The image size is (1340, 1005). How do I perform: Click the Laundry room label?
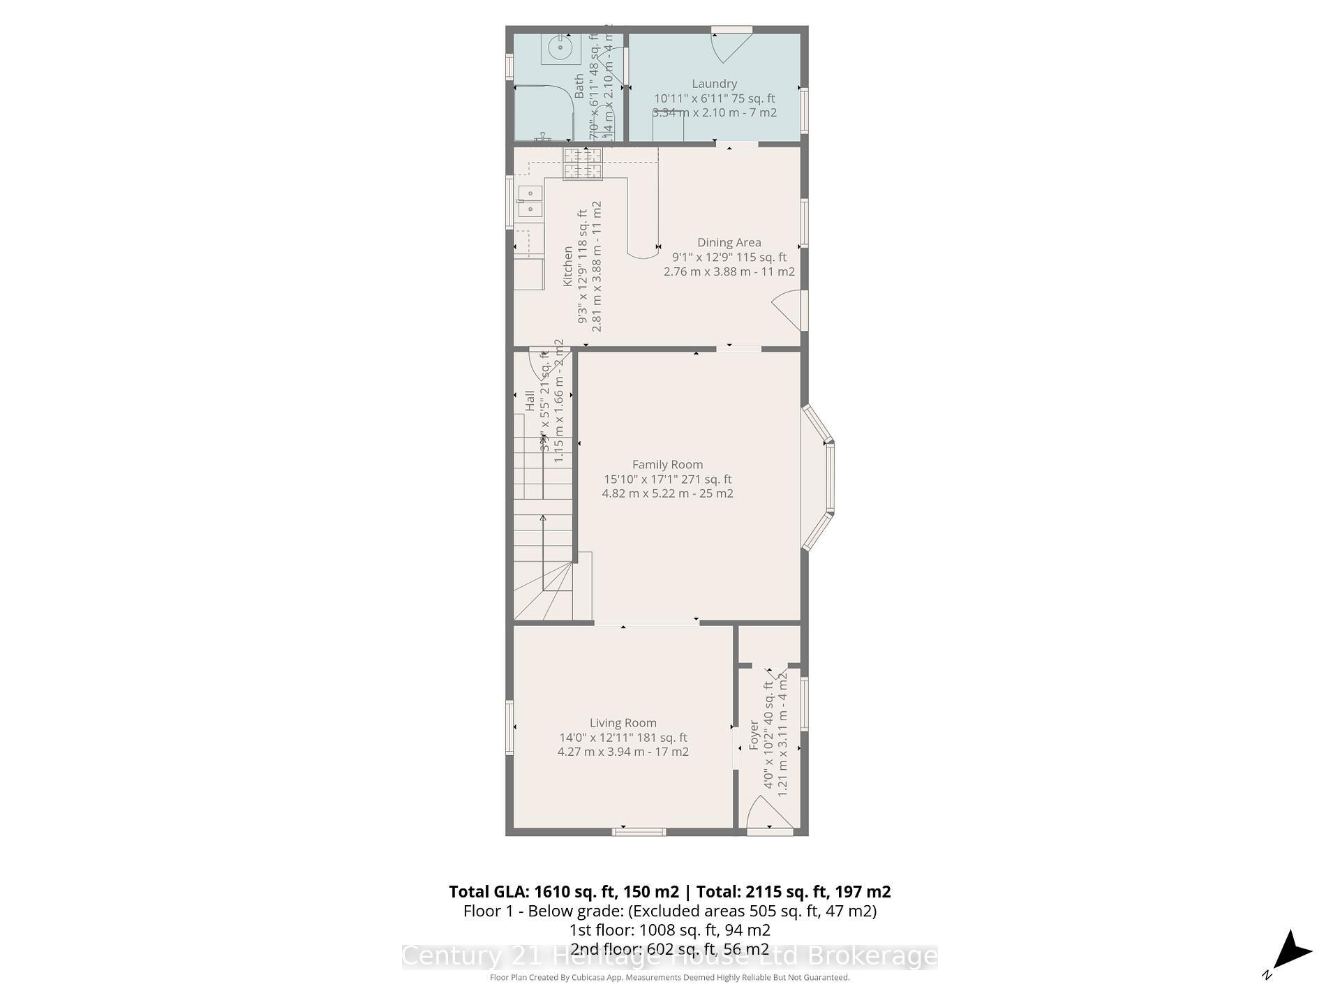click(x=714, y=84)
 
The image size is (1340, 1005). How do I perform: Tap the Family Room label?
click(x=667, y=464)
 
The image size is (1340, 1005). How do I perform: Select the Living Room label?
click(x=623, y=723)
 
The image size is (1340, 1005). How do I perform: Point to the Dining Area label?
click(x=729, y=242)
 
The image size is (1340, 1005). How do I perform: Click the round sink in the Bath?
click(x=560, y=49)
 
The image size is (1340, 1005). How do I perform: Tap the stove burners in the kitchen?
click(x=582, y=164)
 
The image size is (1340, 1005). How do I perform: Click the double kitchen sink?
click(x=530, y=201)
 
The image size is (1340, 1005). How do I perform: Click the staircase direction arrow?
click(x=543, y=551)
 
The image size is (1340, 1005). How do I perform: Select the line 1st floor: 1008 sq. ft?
click(x=669, y=930)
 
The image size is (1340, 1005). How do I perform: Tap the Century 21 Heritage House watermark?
click(x=669, y=956)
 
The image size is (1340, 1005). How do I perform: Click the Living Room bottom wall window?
click(x=639, y=831)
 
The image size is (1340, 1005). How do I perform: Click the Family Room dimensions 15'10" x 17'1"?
click(x=667, y=479)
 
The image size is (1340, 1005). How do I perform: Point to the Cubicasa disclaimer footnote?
click(x=669, y=978)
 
